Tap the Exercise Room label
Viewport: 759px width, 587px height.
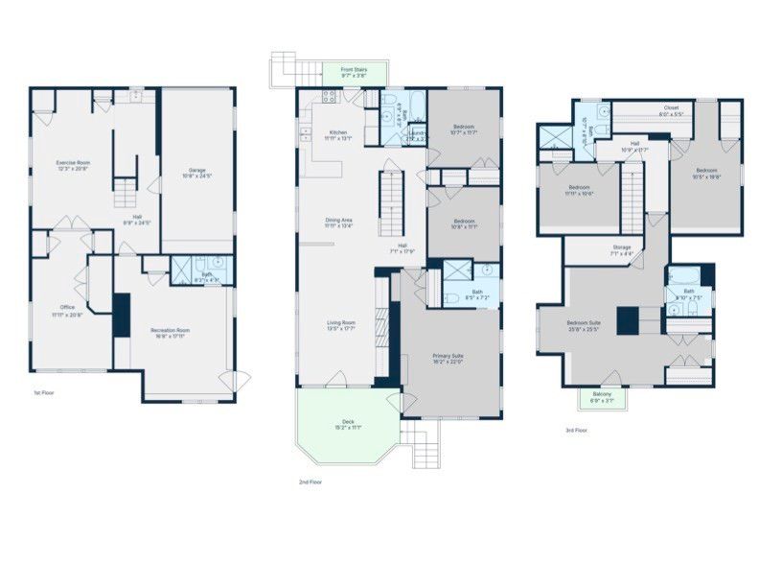click(x=72, y=163)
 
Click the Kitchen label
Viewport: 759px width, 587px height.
click(x=338, y=132)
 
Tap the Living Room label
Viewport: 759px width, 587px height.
click(x=341, y=322)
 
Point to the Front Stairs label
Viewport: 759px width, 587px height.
click(x=355, y=70)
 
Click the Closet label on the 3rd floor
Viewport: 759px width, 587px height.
click(x=671, y=107)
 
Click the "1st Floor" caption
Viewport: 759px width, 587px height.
click(x=43, y=393)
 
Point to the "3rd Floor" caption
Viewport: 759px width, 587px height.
click(x=576, y=431)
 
